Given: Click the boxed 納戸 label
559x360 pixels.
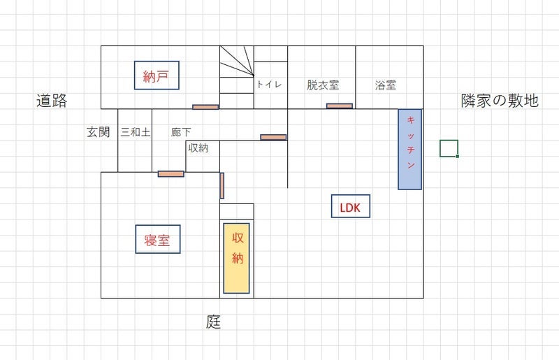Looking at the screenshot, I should (x=157, y=76).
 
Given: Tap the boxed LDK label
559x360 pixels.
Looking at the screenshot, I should (x=349, y=207).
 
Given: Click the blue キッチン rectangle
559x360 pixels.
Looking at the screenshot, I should (x=410, y=149).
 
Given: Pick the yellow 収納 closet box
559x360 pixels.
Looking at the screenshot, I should (x=238, y=257).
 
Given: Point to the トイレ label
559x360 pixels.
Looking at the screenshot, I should (x=269, y=85).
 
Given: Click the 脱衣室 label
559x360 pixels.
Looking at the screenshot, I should (x=322, y=85).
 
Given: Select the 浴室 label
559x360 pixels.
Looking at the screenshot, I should (x=386, y=85).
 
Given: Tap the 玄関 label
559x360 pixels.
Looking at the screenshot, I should (x=99, y=131).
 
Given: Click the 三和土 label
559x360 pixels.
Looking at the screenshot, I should (x=135, y=131).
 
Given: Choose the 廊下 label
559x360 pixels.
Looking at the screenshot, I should (x=181, y=131).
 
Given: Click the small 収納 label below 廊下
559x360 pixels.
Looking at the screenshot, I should (x=198, y=147).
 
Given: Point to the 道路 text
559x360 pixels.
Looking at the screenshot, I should (x=52, y=101).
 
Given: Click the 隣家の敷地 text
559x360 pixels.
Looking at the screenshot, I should (x=500, y=101).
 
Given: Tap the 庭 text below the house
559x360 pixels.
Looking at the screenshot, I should (x=213, y=322).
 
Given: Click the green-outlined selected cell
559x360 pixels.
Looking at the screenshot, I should (x=449, y=148).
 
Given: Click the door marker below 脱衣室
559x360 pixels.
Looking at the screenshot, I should (x=339, y=106).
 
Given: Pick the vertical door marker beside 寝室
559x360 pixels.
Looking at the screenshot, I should (x=222, y=185).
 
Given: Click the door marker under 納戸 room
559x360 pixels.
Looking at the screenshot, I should (x=205, y=107).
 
